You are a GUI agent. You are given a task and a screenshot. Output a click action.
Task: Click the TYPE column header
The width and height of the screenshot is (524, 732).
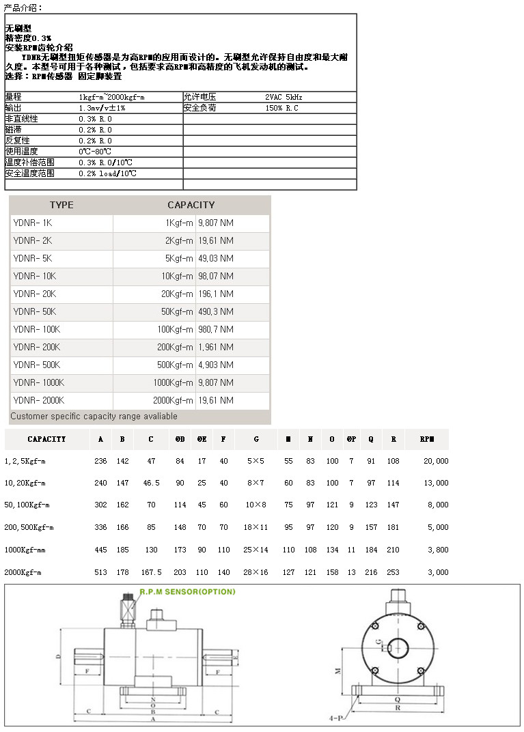coord(61,205)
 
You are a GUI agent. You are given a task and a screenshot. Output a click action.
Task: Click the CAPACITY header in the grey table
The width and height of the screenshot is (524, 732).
coord(191,205)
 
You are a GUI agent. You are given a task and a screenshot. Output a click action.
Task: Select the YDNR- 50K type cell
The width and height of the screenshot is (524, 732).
coord(35,311)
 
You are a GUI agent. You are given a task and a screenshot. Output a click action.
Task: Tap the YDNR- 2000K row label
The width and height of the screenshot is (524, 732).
coord(39,400)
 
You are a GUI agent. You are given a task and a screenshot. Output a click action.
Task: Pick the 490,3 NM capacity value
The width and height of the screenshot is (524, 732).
coord(215,311)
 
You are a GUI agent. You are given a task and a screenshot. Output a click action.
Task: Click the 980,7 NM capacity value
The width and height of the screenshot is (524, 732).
coord(215,329)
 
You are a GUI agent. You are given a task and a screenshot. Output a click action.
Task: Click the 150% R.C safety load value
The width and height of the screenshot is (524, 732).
coord(281,108)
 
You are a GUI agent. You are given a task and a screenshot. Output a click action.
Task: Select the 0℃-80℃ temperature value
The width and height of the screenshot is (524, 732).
coord(95,152)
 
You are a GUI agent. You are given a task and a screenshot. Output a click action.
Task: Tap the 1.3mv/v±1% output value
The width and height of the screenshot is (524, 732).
coord(102,108)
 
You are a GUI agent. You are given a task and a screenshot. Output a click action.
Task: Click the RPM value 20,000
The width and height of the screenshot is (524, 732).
coord(436,461)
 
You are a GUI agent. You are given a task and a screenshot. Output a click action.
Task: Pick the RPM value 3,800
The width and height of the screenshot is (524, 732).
coord(438,550)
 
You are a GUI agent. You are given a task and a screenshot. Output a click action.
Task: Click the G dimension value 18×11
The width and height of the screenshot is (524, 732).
coord(256,527)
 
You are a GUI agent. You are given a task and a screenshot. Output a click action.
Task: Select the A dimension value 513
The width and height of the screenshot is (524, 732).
coord(100,572)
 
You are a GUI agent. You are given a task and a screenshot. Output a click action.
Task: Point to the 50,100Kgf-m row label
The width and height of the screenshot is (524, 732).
coord(27,505)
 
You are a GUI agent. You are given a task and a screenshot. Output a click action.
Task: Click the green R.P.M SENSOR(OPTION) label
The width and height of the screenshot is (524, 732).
coord(187,592)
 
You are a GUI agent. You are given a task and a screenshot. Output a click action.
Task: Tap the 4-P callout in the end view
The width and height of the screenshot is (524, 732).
coord(335,718)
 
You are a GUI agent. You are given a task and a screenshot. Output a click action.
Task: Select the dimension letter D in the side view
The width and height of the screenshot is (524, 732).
coord(59,658)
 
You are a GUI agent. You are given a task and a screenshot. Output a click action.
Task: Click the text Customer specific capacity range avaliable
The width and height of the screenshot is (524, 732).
coord(94,417)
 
